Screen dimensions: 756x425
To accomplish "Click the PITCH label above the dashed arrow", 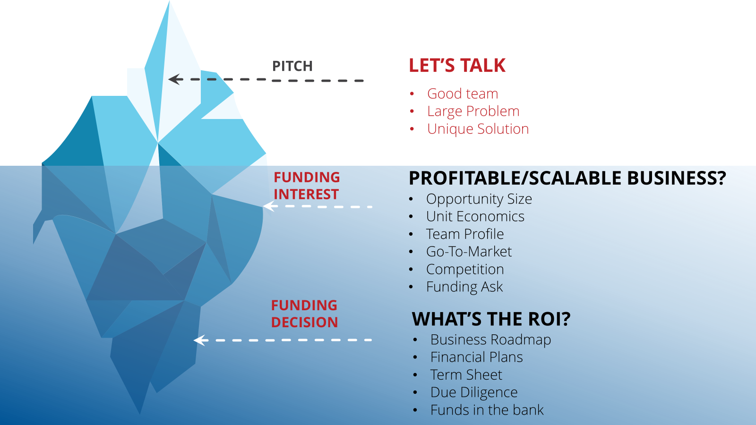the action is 292,66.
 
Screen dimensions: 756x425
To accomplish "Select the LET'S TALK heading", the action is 457,66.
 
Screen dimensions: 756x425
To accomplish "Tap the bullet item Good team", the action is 463,94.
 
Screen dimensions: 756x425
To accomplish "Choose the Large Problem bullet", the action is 473,111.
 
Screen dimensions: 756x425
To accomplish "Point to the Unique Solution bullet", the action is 478,129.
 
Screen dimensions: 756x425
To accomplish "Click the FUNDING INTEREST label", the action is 307,186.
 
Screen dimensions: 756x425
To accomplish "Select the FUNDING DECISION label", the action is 304,314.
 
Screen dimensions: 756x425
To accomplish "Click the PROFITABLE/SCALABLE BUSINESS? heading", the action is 567,178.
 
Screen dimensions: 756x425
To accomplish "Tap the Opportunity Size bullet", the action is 479,199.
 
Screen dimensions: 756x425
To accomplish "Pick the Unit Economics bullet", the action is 475,217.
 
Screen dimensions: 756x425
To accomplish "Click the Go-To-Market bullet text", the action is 469,252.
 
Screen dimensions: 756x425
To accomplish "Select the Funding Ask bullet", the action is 464,287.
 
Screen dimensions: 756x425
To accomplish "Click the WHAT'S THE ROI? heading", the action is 491,319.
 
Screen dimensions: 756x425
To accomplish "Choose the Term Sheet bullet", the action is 466,375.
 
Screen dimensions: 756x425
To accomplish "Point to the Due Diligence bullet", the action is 474,392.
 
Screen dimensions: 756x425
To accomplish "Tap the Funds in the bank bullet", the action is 487,410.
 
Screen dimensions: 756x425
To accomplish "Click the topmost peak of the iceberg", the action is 169,1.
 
